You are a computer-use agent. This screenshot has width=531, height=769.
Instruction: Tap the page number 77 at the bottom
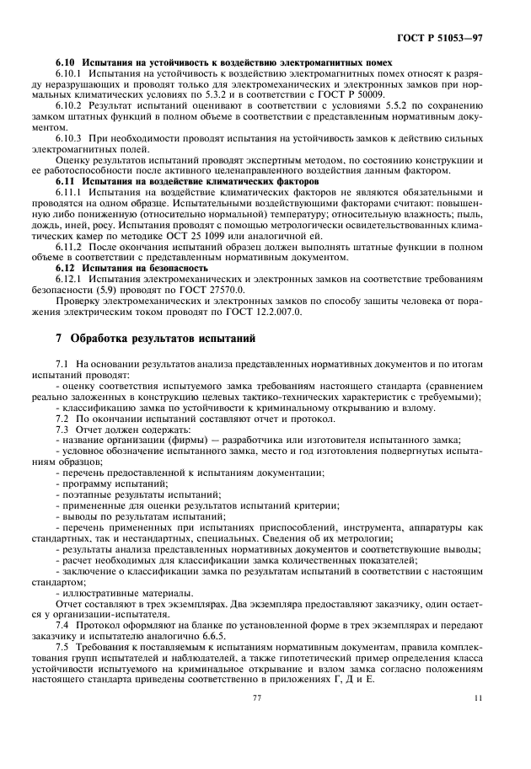[258, 697]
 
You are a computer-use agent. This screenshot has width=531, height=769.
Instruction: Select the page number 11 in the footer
[478, 697]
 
